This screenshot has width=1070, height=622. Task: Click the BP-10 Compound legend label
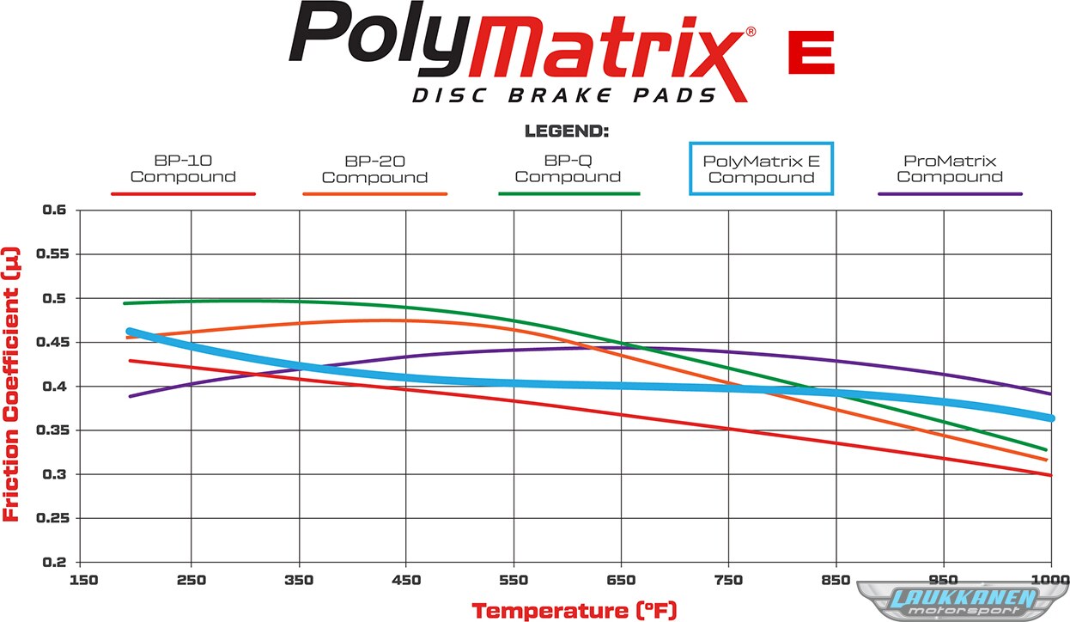183,168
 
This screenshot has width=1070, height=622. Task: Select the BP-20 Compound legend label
374,169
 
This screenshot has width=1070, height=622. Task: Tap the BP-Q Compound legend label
568,168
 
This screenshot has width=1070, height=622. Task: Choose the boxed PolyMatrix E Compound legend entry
761,169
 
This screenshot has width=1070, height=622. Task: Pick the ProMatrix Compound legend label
950,168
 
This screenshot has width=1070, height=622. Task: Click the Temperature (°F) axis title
575,611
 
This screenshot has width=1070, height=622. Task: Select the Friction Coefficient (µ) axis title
12,386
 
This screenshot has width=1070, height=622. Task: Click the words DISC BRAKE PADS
564,95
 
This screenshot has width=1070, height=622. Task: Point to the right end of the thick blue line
1050,418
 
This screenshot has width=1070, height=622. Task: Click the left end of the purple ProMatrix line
130,396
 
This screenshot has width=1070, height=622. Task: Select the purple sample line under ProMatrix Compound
950,194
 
